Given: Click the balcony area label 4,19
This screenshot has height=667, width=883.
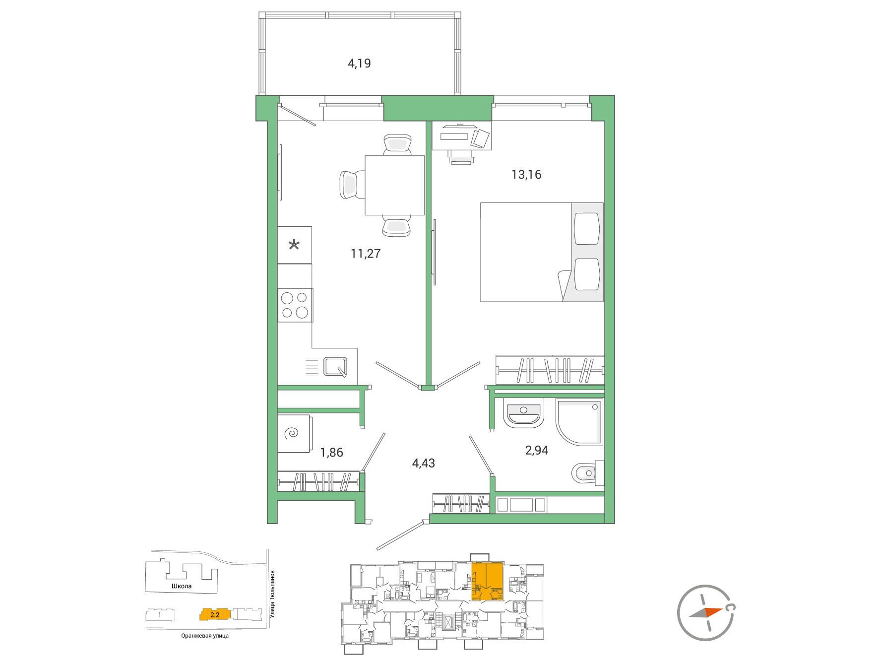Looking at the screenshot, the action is coord(359,64).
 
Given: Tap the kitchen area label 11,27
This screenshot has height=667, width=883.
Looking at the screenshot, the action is coord(366,254).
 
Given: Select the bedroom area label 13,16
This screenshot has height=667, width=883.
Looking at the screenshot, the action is coord(526,175).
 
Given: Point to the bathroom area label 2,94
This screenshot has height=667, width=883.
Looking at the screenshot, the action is coord(537,451).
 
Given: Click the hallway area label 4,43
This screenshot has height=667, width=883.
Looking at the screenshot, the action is coord(424,464).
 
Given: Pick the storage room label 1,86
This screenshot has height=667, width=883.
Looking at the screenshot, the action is coord(331,453).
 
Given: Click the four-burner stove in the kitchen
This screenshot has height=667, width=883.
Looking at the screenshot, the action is coord(295,305).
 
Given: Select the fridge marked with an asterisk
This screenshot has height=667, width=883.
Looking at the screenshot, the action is coord(295,245).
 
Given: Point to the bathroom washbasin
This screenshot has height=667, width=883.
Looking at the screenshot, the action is coord(524,412).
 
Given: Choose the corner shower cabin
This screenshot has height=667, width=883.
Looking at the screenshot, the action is coord(580,422).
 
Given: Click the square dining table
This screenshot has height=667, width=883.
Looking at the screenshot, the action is coord(394,185).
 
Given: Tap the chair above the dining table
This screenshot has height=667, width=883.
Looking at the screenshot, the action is coord(398,144).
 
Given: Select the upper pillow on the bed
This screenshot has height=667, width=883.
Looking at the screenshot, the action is coord(586,228).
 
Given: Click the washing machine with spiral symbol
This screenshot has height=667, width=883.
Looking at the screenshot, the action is coord(294,434).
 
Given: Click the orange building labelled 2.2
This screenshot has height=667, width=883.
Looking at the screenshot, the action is coord(215,614).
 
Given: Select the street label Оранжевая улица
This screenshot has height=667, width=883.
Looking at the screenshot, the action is coord(205,636).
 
